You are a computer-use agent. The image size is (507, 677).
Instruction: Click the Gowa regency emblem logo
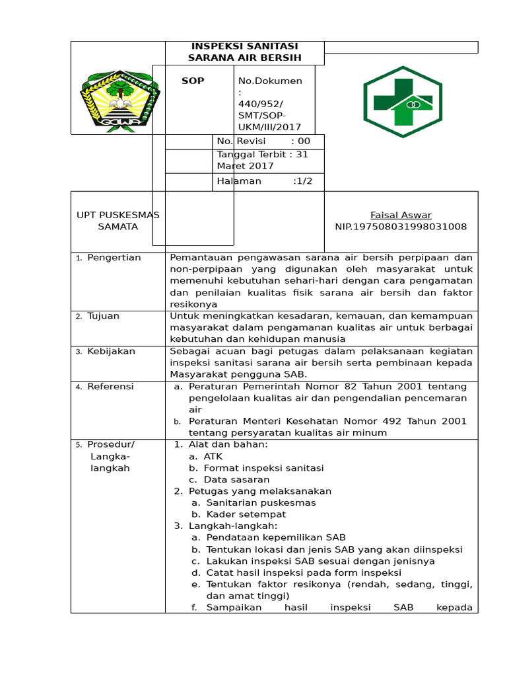click(x=119, y=97)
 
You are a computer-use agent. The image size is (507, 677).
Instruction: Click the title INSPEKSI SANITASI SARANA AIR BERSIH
click(x=244, y=52)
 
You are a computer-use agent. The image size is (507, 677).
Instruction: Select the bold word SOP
click(x=193, y=81)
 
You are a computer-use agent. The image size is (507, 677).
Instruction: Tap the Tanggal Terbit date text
click(x=262, y=160)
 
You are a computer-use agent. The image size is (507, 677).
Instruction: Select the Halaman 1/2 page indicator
click(x=264, y=181)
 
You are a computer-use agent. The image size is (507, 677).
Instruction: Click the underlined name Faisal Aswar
click(x=401, y=215)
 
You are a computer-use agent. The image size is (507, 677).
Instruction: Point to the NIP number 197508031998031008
click(x=401, y=227)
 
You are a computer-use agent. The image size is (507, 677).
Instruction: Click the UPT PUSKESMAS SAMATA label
click(x=118, y=221)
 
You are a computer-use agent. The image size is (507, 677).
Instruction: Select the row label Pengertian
click(x=114, y=258)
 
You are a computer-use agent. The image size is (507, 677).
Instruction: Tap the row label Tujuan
click(x=103, y=316)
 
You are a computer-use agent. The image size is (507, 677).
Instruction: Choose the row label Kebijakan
click(x=111, y=351)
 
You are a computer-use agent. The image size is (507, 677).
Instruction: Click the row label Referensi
click(x=110, y=386)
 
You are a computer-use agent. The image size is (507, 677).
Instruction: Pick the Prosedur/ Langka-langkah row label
click(x=110, y=456)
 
